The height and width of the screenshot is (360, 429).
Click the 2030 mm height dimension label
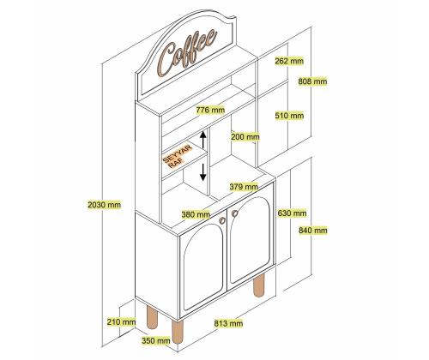point(105,205)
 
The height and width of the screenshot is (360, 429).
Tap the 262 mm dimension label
point(289,61)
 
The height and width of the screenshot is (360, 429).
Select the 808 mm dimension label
point(312,81)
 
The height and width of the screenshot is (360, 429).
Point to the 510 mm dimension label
point(289,116)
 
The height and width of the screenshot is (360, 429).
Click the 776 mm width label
point(210,110)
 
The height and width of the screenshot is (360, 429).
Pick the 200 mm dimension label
point(245,137)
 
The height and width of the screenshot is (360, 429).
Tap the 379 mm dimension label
point(244,187)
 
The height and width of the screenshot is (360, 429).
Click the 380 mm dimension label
point(196,214)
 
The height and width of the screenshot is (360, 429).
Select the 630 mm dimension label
point(292,213)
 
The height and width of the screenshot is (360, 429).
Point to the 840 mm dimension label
point(313,230)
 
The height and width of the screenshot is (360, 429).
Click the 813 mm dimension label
point(228,323)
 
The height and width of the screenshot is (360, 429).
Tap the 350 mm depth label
point(156,340)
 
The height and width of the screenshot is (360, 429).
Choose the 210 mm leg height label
point(121,322)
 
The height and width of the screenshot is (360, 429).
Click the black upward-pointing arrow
point(202,140)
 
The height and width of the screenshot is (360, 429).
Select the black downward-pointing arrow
point(202,171)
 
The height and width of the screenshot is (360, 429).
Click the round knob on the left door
point(222,220)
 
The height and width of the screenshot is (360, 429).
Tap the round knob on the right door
point(235,213)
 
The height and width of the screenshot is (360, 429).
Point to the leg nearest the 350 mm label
point(177,332)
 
